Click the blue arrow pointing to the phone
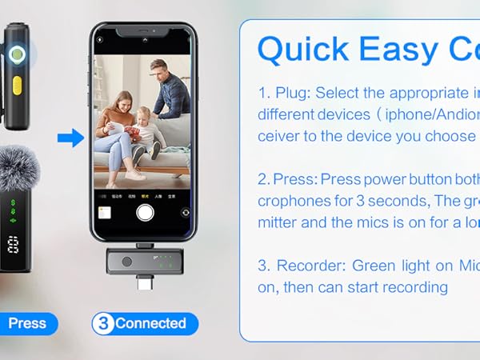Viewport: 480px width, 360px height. pos(71,138)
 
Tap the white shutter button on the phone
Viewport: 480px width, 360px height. pos(144,212)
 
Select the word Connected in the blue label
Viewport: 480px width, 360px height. pos(150,323)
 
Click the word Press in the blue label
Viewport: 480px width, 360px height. pos(27,323)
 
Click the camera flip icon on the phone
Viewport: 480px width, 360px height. pos(186,213)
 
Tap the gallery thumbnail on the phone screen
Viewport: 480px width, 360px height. pos(103,212)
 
